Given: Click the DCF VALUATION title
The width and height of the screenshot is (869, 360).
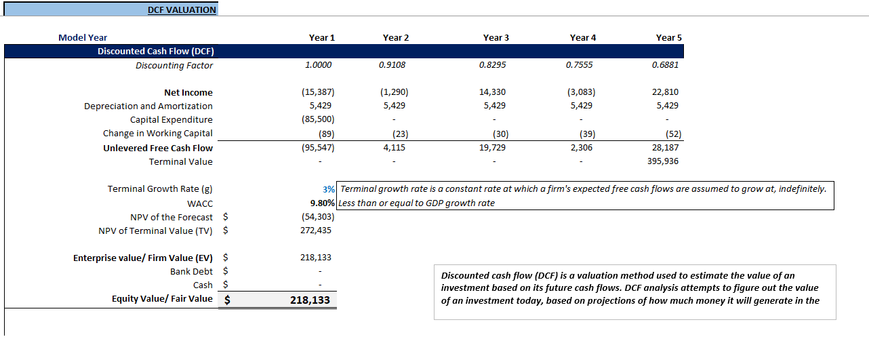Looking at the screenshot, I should tap(182, 10).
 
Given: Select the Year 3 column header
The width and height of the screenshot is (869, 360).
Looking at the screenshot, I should tap(496, 38).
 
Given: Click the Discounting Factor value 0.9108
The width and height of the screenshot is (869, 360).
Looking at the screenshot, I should tap(393, 65).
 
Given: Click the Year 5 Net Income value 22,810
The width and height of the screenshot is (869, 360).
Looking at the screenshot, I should tap(666, 92).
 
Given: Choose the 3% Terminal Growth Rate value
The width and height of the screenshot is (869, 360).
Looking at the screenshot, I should tap(329, 189).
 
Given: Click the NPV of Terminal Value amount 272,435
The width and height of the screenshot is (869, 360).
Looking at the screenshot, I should tap(317, 231).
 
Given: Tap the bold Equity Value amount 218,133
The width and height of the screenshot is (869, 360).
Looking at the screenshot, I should tap(310, 300).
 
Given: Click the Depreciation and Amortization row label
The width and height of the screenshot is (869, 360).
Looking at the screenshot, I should tap(148, 106).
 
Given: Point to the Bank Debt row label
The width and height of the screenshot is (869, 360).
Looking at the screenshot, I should tap(191, 271).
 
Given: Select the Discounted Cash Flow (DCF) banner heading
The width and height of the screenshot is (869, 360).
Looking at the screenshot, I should tap(156, 52).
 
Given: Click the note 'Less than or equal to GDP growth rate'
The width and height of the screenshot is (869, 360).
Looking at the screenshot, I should tap(416, 203).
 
